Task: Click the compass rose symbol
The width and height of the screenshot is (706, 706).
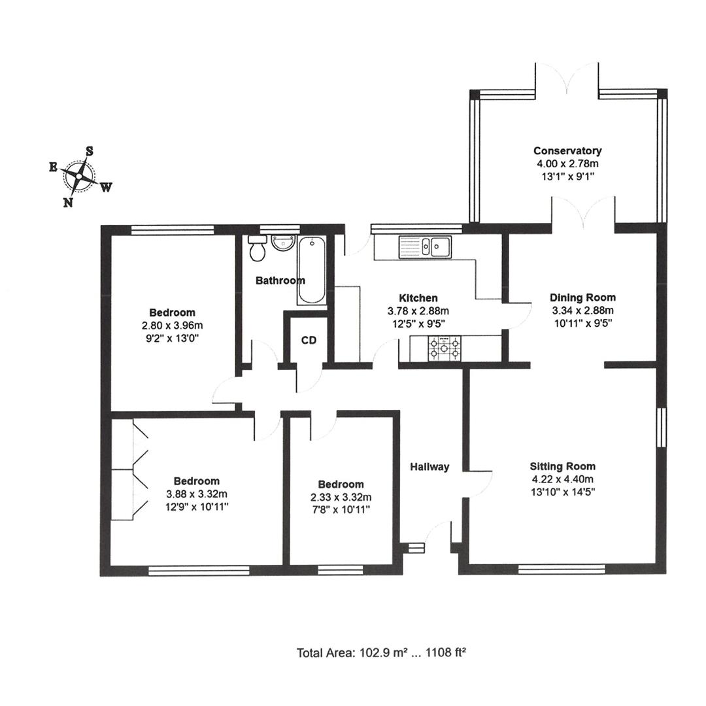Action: [79, 176]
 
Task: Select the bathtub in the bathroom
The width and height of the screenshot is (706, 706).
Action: [312, 269]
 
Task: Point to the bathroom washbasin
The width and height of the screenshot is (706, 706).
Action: [282, 243]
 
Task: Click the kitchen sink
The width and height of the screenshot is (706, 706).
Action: [435, 246]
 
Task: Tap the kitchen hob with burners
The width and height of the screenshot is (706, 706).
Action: [445, 348]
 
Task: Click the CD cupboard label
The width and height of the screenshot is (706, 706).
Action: [309, 340]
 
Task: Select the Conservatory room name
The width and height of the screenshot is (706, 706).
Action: [567, 151]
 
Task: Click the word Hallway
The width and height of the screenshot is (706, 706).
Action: [429, 467]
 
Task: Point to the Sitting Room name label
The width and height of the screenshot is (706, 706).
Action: [562, 467]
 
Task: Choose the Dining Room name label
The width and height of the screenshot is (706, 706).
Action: [582, 298]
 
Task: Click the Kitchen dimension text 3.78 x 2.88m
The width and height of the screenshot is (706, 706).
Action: [418, 311]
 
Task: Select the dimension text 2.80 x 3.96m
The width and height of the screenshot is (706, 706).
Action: [172, 325]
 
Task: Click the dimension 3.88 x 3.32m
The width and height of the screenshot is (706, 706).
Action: [196, 494]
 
